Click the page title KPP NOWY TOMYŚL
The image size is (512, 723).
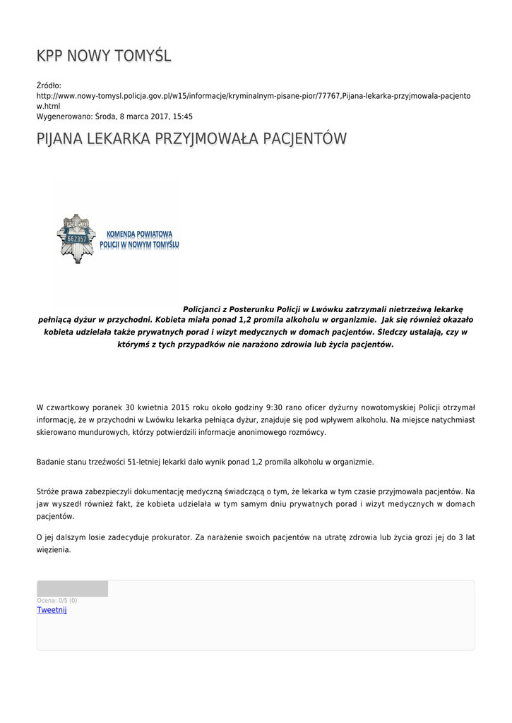(x=104, y=56)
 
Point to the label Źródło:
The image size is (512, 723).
(x=49, y=85)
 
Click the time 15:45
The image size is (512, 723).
(x=183, y=116)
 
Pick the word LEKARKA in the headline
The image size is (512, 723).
(x=112, y=139)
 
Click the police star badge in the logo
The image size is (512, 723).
(x=76, y=238)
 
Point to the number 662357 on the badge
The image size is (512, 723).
(x=76, y=239)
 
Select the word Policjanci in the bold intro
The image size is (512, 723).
(x=206, y=309)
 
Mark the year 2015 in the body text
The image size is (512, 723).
(x=181, y=407)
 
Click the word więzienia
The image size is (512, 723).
(x=54, y=550)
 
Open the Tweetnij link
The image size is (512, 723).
(x=52, y=610)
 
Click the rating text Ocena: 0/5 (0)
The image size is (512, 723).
(x=57, y=601)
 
